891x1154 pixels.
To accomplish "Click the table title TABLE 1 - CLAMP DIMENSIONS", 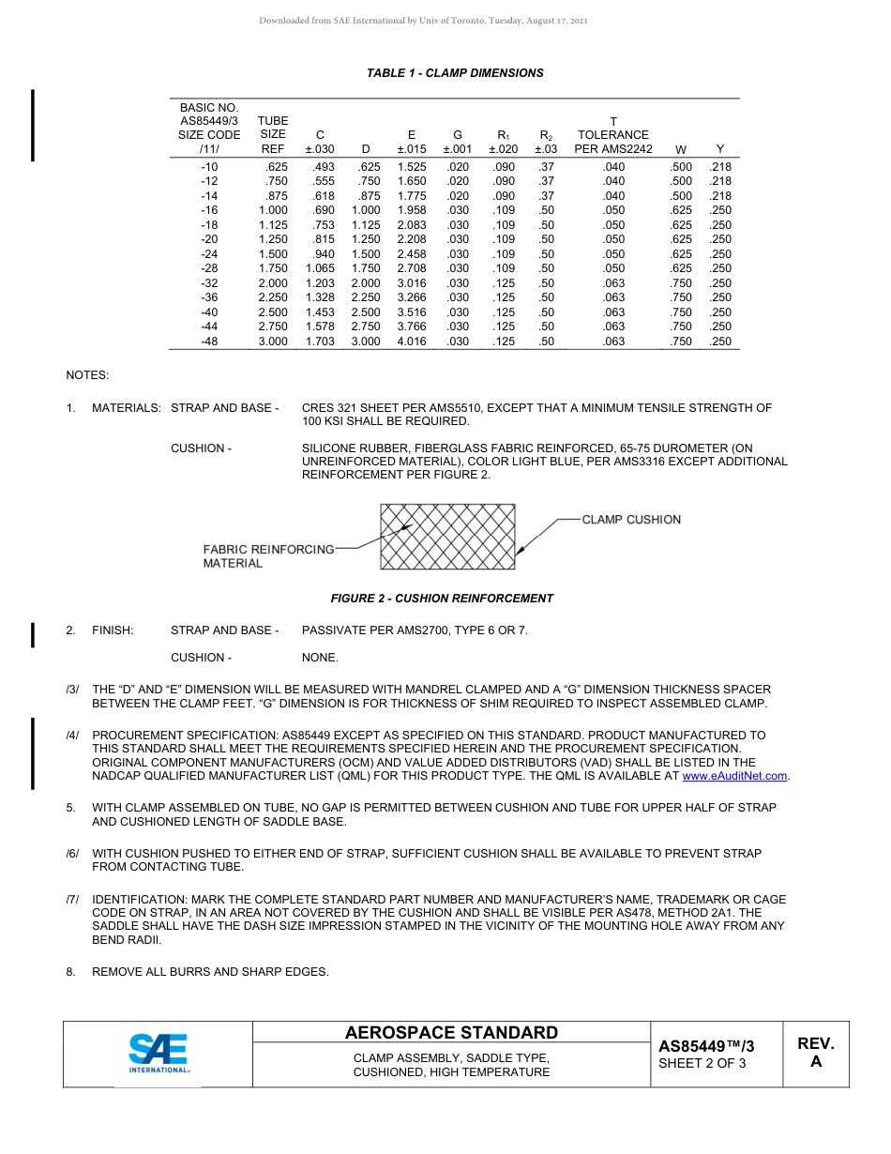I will (455, 73).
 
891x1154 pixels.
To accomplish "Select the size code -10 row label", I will (209, 167).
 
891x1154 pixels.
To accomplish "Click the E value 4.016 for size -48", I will (411, 342).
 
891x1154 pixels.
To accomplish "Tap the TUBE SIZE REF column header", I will (273, 135).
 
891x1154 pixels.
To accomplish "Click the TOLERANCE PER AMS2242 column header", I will (613, 135).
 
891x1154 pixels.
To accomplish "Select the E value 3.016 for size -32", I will (411, 283).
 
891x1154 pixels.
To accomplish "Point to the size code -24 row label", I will (209, 254).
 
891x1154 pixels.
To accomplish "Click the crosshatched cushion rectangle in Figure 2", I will (447, 537).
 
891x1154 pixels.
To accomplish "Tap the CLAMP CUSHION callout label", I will (631, 520).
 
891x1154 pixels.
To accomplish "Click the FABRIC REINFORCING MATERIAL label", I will (268, 555).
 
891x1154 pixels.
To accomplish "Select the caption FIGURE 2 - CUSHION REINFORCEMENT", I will (442, 599).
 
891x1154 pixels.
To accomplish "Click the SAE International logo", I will (159, 1054).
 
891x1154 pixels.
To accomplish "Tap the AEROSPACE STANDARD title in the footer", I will (451, 1033).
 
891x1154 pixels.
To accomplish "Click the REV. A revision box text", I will (815, 1053).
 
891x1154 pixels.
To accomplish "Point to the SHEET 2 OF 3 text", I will (702, 1064).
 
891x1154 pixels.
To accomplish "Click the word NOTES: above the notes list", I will (87, 375).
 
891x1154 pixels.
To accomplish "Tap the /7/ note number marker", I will (72, 900).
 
